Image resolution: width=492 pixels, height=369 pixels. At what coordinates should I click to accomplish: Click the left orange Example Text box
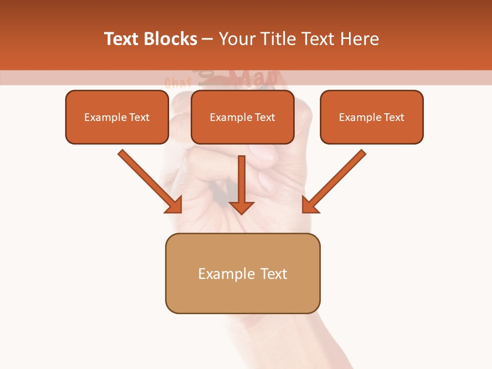point(117,117)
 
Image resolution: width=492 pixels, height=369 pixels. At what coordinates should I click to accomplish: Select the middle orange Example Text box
point(242,117)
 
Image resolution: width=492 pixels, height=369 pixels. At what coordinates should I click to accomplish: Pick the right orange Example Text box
point(372,117)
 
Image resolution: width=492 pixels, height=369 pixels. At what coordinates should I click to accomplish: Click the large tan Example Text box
point(242,274)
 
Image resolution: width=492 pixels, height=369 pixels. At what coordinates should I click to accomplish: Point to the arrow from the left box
point(149,181)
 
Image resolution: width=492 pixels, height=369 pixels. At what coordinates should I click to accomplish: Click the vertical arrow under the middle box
point(241,184)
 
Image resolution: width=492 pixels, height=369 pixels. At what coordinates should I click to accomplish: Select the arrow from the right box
point(335,181)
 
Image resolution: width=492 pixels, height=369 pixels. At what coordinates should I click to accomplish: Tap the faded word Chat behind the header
point(178,82)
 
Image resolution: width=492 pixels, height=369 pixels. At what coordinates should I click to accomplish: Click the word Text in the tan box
point(274,274)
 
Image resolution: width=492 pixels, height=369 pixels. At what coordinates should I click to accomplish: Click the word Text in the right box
point(394,117)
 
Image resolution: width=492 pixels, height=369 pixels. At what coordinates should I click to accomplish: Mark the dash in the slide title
point(208,39)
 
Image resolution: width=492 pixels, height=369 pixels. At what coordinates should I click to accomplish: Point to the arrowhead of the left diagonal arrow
point(174,205)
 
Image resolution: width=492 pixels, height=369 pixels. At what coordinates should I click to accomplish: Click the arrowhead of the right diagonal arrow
point(310,205)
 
